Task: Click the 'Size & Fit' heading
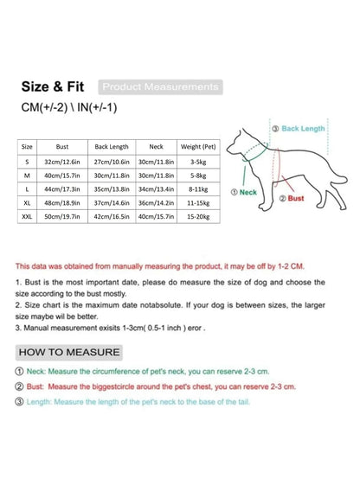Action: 54,88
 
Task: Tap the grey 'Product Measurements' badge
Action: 160,87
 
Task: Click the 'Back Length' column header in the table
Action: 112,147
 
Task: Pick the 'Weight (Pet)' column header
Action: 198,147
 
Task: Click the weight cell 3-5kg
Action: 198,161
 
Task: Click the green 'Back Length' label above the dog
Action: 301,128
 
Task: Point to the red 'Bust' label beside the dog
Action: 293,198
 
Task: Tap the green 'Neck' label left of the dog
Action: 245,191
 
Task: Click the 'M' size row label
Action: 29,174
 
